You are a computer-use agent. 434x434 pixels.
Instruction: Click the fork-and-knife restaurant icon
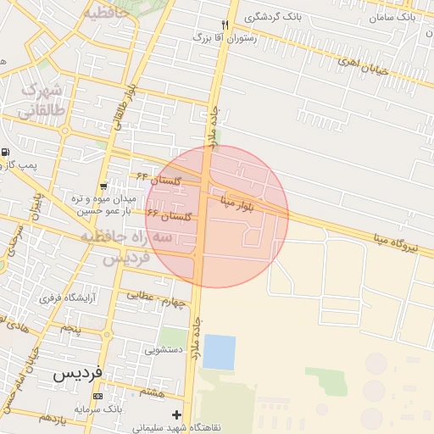pyautogui.click(x=224, y=25)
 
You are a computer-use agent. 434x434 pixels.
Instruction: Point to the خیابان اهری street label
pyautogui.click(x=362, y=65)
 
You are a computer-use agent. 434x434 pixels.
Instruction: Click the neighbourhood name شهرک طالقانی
pyautogui.click(x=40, y=99)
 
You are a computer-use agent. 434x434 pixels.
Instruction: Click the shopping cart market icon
pyautogui.click(x=103, y=186)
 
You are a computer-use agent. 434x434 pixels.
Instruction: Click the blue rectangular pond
pyautogui.click(x=219, y=352)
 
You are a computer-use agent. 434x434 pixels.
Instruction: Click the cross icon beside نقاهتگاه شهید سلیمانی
pyautogui.click(x=176, y=415)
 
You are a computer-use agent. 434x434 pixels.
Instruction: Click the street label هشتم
pyautogui.click(x=153, y=392)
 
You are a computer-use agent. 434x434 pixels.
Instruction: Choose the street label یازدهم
pyautogui.click(x=53, y=418)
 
